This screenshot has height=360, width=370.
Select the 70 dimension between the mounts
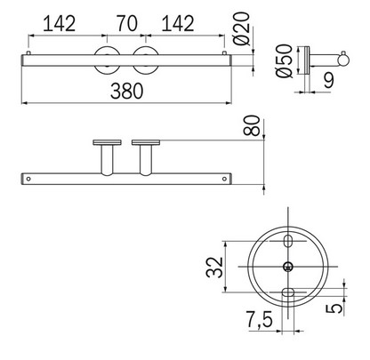(125, 23)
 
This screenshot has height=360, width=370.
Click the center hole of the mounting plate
(286, 267)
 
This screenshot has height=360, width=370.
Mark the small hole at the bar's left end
(29, 178)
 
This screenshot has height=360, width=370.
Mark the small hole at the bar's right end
(218, 178)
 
